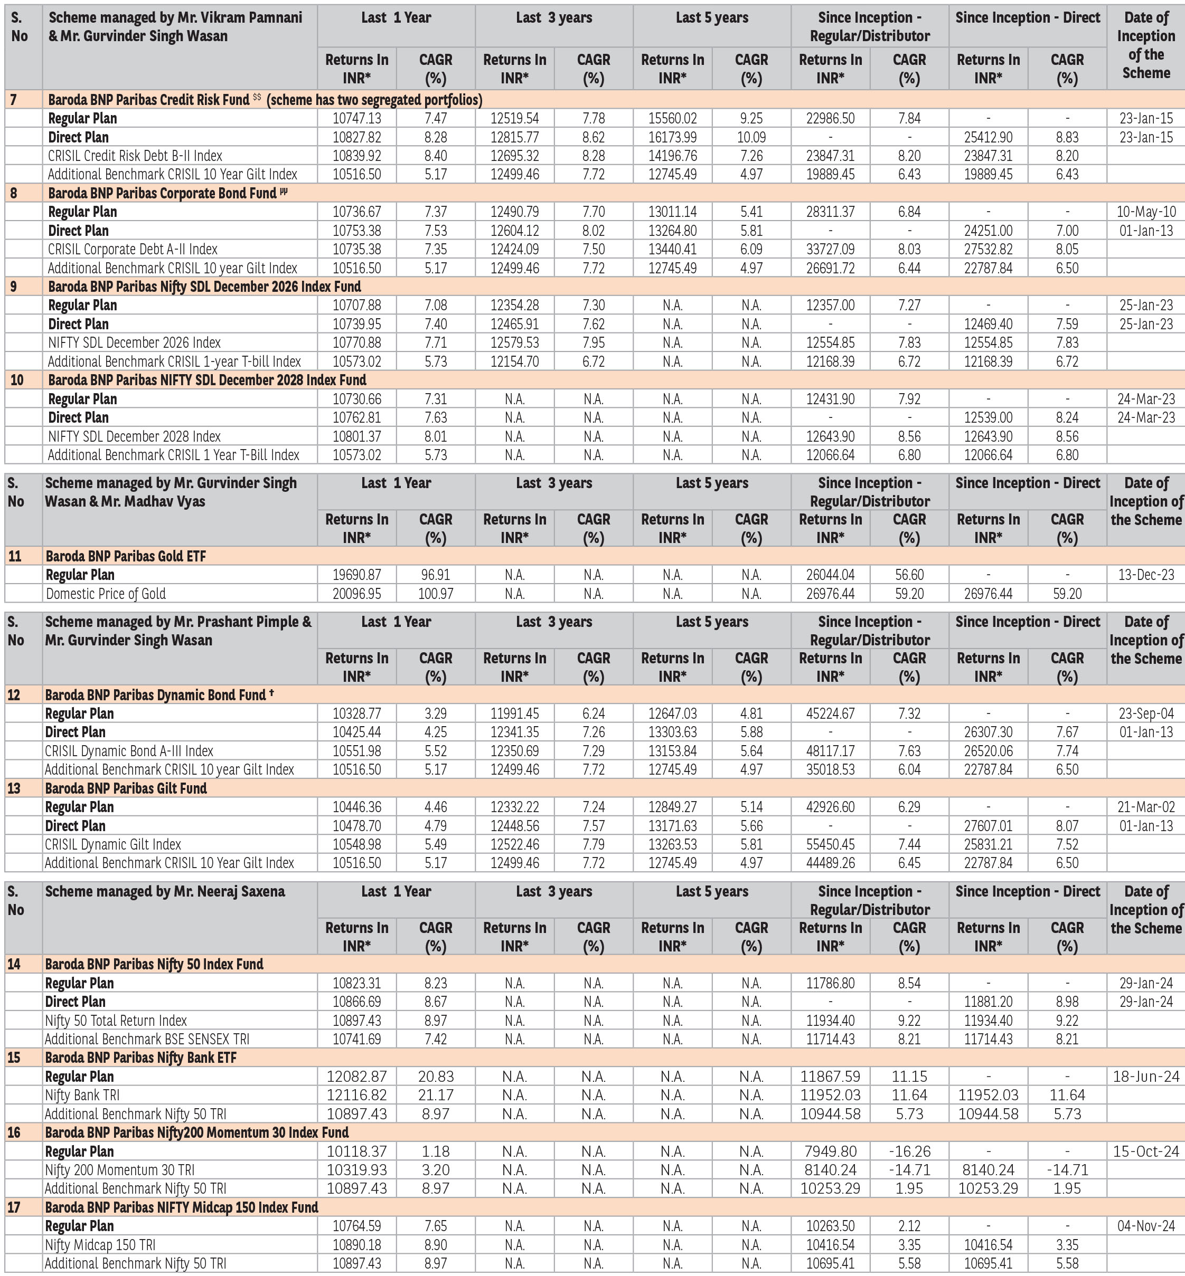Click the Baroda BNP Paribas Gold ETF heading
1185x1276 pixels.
[x=126, y=556]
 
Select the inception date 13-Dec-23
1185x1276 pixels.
[x=1146, y=575]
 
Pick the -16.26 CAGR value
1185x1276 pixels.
[x=909, y=1151]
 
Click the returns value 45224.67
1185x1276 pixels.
[x=830, y=713]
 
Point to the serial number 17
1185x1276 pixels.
[x=14, y=1207]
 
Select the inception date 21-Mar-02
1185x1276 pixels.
[x=1146, y=807]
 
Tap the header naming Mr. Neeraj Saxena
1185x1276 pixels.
[x=165, y=891]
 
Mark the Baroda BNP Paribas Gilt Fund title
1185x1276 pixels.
[x=126, y=788]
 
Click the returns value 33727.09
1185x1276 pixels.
[x=830, y=249]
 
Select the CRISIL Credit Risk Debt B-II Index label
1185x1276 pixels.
[x=135, y=156]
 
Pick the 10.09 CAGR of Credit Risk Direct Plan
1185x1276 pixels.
[x=751, y=137]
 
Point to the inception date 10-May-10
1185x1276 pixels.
[x=1146, y=212]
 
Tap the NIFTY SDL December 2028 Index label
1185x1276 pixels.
[x=134, y=436]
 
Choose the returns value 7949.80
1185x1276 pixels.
[x=830, y=1151]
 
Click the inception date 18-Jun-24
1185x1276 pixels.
[x=1146, y=1077]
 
